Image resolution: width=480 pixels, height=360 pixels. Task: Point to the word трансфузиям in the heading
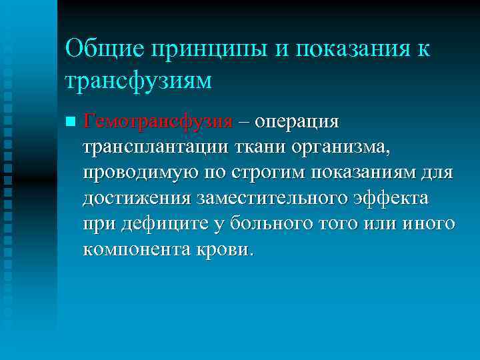(x=139, y=80)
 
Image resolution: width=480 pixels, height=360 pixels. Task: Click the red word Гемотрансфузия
(x=158, y=123)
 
